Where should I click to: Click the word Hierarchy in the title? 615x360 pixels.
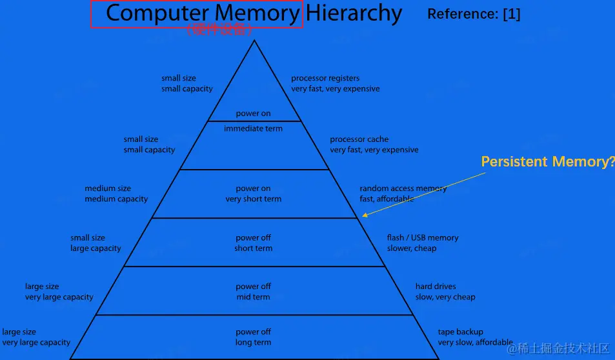(x=354, y=13)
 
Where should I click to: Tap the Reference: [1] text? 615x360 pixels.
(x=474, y=14)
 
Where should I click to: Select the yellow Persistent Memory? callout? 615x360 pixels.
(x=547, y=162)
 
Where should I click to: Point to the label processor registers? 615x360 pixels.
(x=325, y=78)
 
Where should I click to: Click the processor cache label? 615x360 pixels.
(x=359, y=139)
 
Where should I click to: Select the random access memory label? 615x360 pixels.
(x=403, y=188)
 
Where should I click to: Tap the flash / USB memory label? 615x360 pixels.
(x=423, y=237)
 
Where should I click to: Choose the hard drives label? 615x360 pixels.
(x=436, y=286)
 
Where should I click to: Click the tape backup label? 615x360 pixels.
(x=460, y=332)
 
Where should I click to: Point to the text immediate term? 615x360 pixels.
(x=253, y=128)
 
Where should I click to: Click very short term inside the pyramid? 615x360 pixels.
(x=253, y=199)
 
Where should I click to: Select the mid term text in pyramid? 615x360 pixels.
(x=253, y=297)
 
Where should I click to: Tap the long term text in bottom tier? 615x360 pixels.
(x=253, y=343)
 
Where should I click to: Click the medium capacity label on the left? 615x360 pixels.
(x=116, y=199)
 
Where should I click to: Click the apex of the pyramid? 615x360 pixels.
(x=254, y=41)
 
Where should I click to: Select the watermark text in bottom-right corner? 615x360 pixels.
(x=558, y=348)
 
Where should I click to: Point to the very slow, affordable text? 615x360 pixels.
(x=475, y=343)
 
